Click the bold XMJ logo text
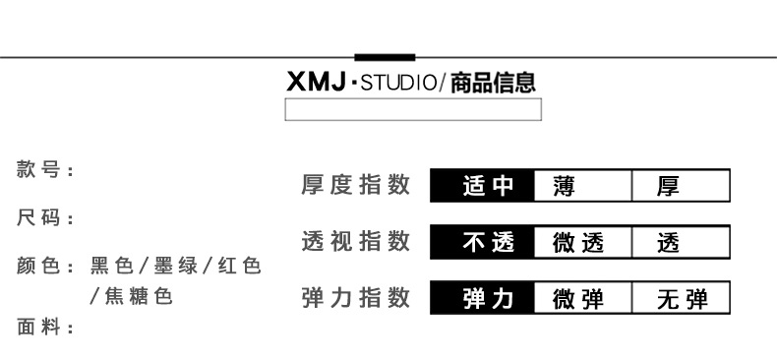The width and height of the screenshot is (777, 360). pyautogui.click(x=316, y=82)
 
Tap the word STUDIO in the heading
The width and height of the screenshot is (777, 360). pyautogui.click(x=399, y=83)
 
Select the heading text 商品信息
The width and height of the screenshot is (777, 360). pyautogui.click(x=493, y=83)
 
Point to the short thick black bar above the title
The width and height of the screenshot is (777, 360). pyautogui.click(x=385, y=57)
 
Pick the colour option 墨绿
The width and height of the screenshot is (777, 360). pyautogui.click(x=175, y=267)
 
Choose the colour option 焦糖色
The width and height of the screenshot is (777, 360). pyautogui.click(x=139, y=296)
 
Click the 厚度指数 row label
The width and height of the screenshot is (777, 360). pyautogui.click(x=356, y=185)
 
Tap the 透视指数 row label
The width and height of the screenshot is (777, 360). pyautogui.click(x=356, y=241)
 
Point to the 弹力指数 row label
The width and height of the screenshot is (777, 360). pyautogui.click(x=356, y=297)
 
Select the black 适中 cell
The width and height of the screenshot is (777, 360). pyautogui.click(x=482, y=186)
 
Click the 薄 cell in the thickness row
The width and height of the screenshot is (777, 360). pyautogui.click(x=582, y=186)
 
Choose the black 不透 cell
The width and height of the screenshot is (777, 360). pyautogui.click(x=482, y=242)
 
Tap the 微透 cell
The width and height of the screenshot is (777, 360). pyautogui.click(x=582, y=242)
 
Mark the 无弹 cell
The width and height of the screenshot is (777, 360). pyautogui.click(x=681, y=298)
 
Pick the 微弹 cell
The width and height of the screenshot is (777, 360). pyautogui.click(x=582, y=298)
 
